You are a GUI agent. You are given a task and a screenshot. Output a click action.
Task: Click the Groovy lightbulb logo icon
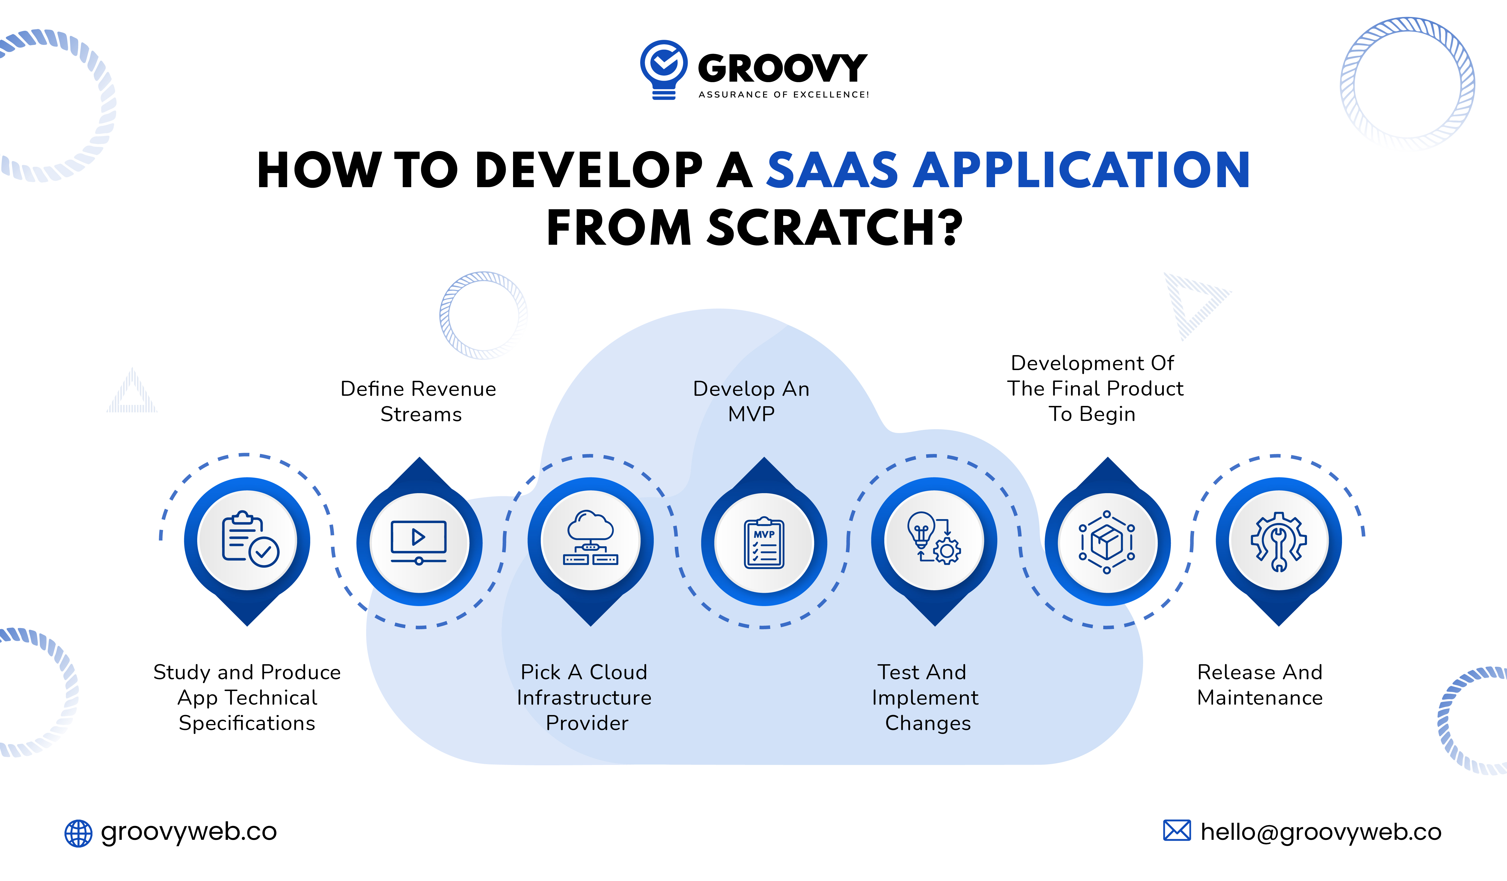[x=663, y=69]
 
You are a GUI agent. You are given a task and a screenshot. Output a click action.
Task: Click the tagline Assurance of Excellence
[x=783, y=95]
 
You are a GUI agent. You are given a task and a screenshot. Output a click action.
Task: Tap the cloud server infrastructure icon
[x=590, y=538]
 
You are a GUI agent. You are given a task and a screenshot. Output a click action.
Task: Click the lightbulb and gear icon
[x=933, y=538]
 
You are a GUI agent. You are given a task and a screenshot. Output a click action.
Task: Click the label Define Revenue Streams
[x=419, y=401]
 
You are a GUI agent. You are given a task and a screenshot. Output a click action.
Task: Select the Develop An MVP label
[x=751, y=401]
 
